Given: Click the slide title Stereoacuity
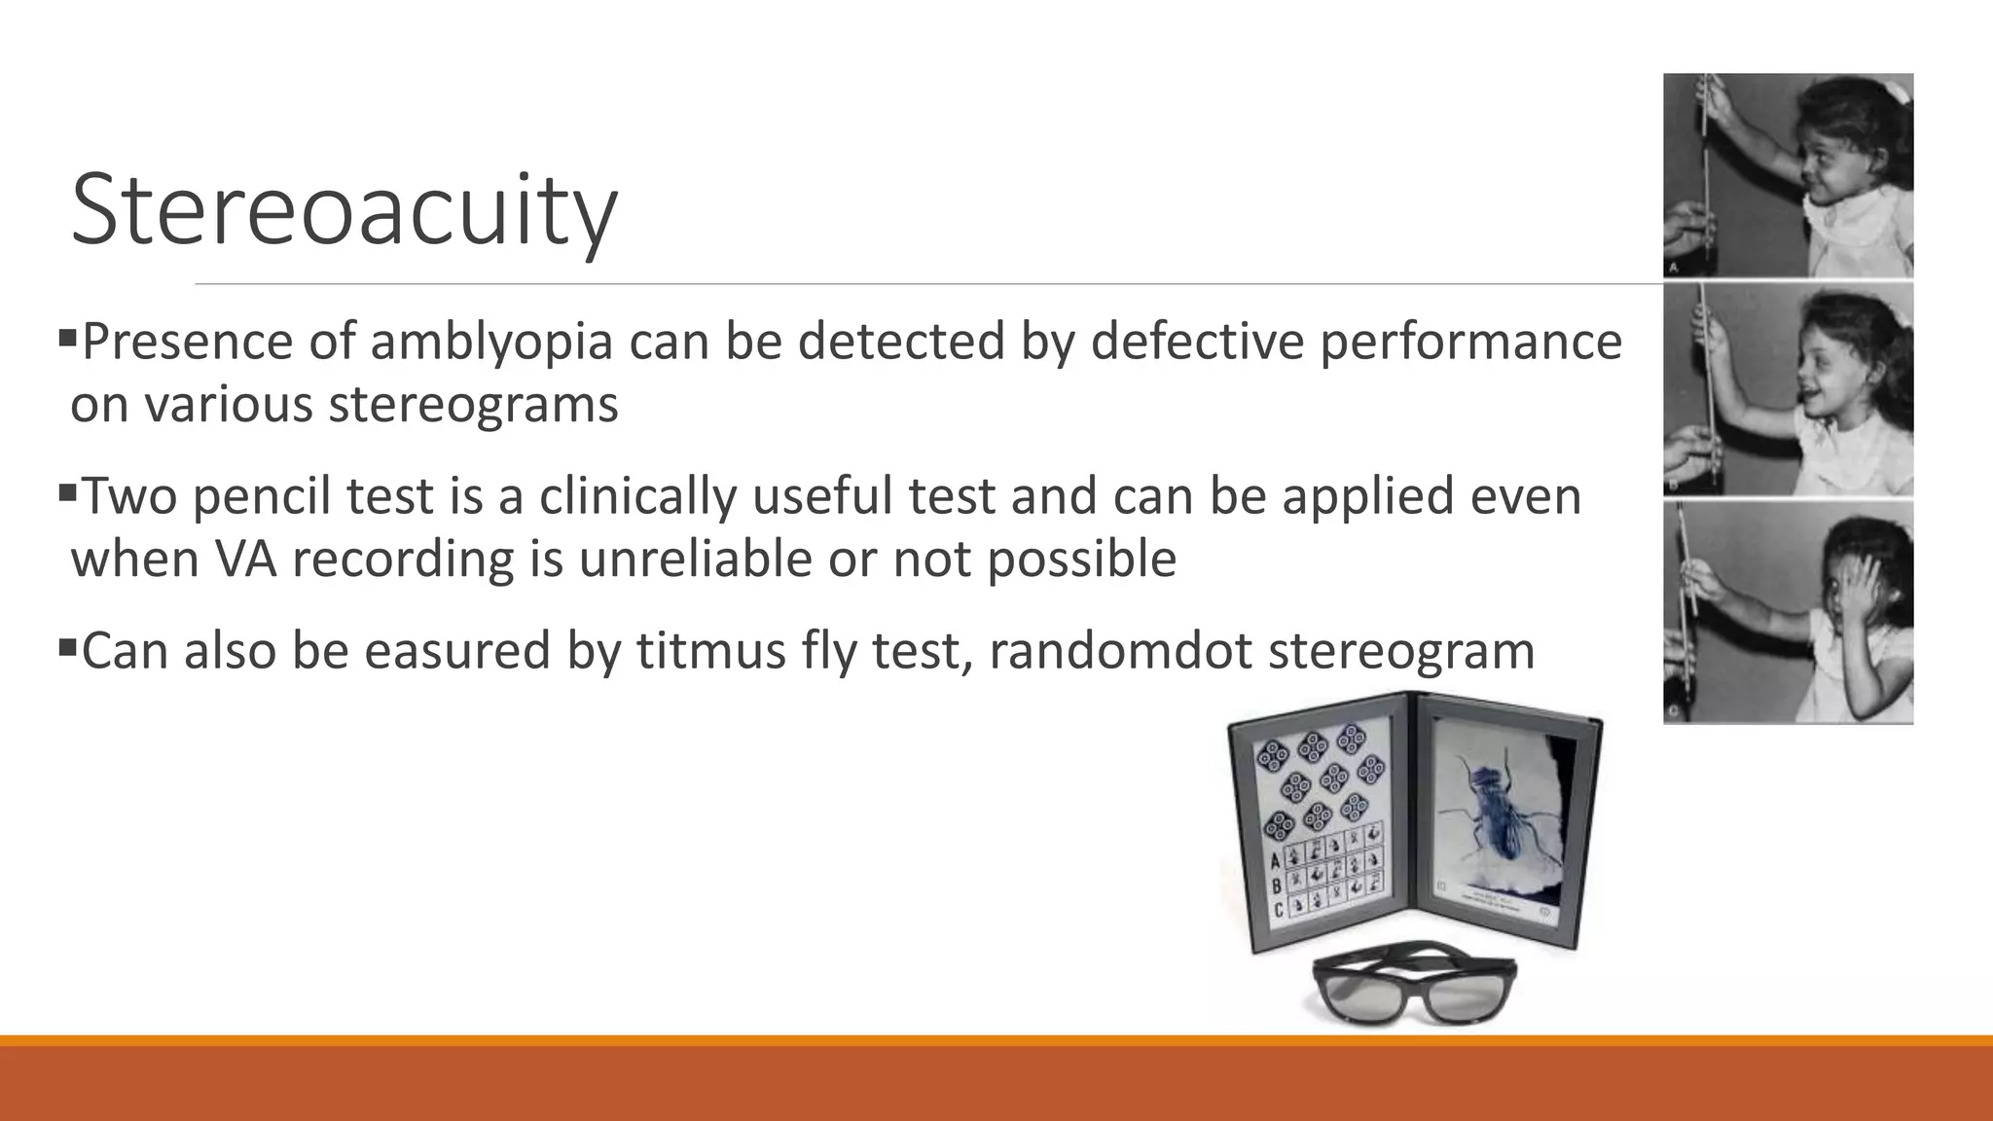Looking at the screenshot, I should click(x=344, y=210).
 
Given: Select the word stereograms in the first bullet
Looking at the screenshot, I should click(x=473, y=404).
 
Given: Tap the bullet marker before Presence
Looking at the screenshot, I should click(x=66, y=339).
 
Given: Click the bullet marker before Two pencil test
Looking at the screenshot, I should click(x=66, y=493).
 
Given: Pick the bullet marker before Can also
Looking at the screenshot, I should click(x=66, y=647).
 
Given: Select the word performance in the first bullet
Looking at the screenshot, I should click(x=1470, y=342).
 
